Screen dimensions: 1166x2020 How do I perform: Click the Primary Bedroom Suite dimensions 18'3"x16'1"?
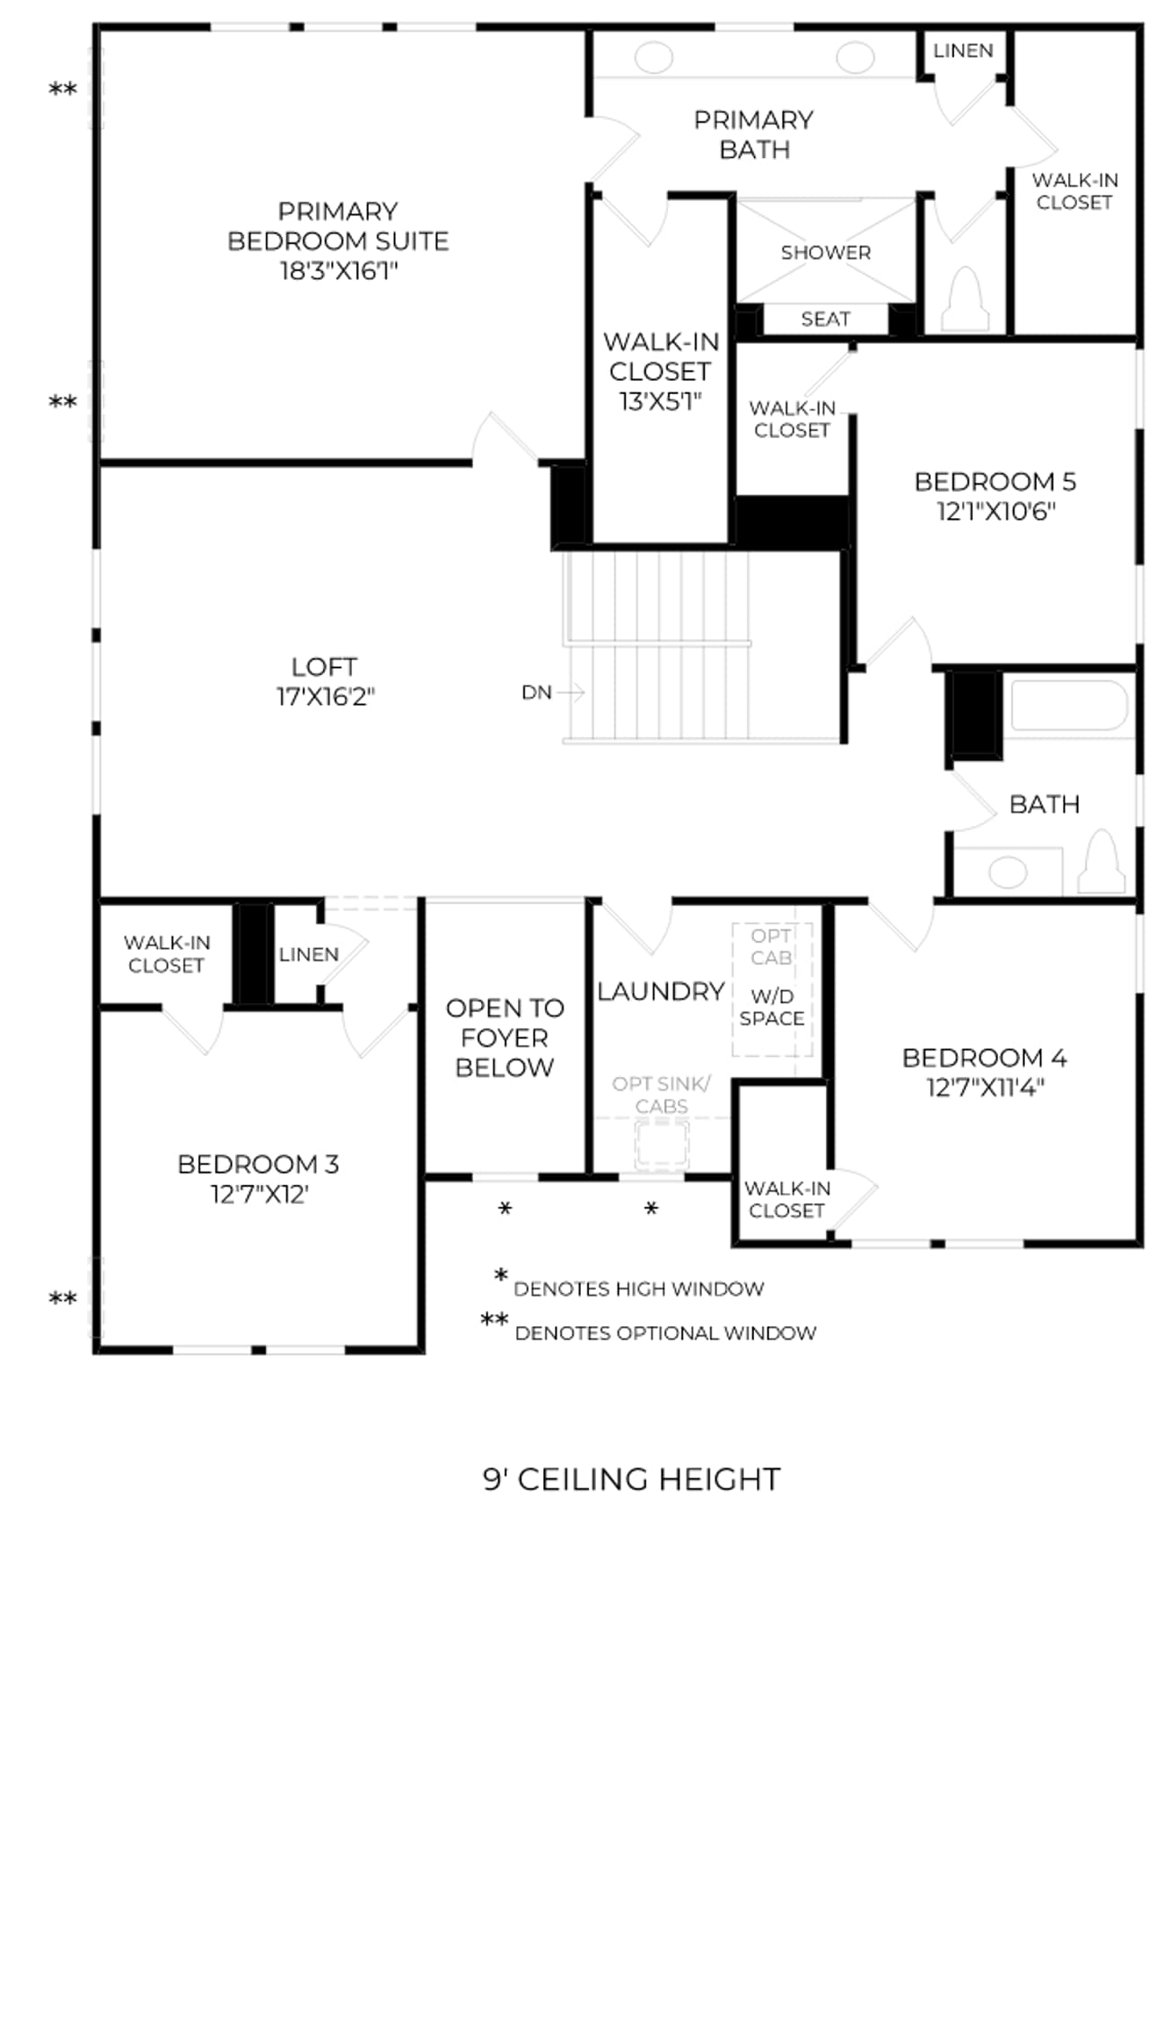[x=338, y=270]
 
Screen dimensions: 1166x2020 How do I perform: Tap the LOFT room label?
[x=324, y=667]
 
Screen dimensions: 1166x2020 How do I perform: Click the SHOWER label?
[x=826, y=252]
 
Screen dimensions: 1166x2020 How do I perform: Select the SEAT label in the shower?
[x=826, y=319]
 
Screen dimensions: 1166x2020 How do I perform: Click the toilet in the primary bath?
[x=965, y=299]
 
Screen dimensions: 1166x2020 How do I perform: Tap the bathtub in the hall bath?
[x=1069, y=706]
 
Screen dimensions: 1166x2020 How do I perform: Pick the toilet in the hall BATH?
[x=1101, y=861]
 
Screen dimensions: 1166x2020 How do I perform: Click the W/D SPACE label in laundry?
[x=772, y=1007]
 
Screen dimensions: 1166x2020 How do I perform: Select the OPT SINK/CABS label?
[x=662, y=1095]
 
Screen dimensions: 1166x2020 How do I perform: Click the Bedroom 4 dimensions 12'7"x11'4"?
[x=986, y=1087]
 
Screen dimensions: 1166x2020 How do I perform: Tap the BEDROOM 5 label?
[x=995, y=482]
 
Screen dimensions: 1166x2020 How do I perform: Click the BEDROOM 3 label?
[x=259, y=1164]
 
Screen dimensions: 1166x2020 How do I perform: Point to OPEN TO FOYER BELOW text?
[x=504, y=1038]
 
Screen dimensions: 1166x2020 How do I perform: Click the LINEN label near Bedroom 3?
[x=309, y=954]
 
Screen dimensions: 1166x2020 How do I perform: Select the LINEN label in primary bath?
[x=963, y=50]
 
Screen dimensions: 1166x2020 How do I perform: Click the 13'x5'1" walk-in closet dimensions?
[x=660, y=401]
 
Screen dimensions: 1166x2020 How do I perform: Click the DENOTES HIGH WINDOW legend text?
[x=639, y=1289]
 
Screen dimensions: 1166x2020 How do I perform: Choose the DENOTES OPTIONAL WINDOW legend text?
[x=666, y=1333]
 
